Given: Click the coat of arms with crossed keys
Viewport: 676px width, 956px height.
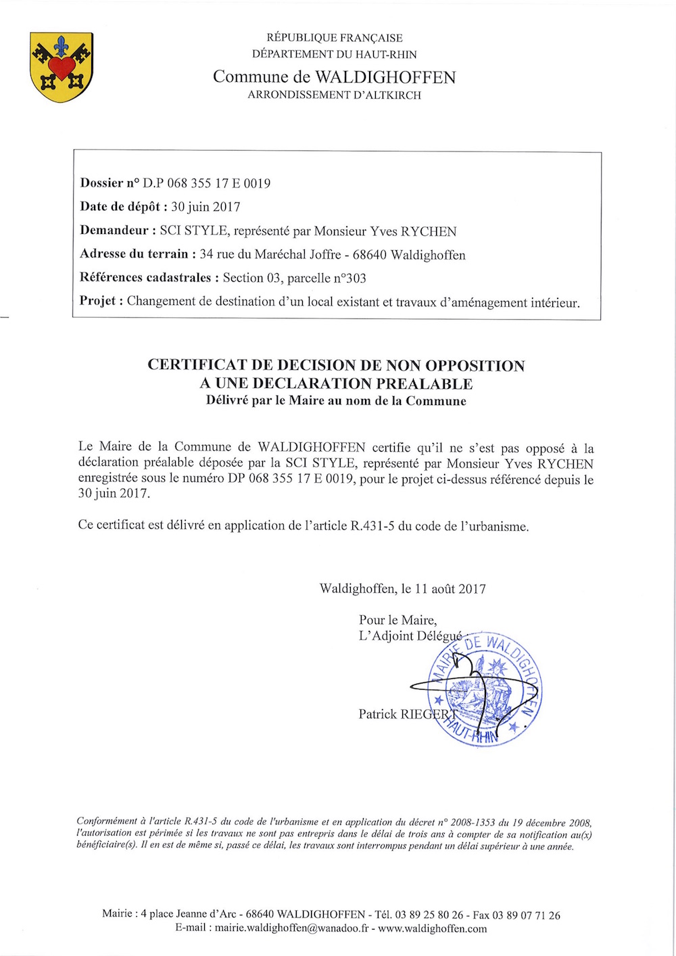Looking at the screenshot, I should pos(62,67).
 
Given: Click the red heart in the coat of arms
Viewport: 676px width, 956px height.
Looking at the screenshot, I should pos(62,67).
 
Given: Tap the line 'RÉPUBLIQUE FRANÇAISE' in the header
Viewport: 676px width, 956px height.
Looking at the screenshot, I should pos(335,38).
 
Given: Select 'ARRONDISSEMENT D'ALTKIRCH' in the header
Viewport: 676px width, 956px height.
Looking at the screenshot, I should pos(334,95).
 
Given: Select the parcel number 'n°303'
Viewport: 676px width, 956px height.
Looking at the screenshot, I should pos(345,278).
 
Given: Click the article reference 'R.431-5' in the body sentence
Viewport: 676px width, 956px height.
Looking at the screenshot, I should pos(372,526).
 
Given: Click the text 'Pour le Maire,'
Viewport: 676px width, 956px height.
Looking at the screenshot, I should pos(397,620).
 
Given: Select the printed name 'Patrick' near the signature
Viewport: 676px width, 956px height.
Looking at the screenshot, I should pos(378,714).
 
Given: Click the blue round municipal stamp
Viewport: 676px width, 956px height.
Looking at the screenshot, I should pos(485,690).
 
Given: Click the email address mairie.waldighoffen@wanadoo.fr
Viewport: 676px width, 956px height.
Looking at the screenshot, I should pos(291,928).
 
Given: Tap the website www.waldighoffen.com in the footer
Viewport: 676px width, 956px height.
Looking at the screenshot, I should pos(432,928).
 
